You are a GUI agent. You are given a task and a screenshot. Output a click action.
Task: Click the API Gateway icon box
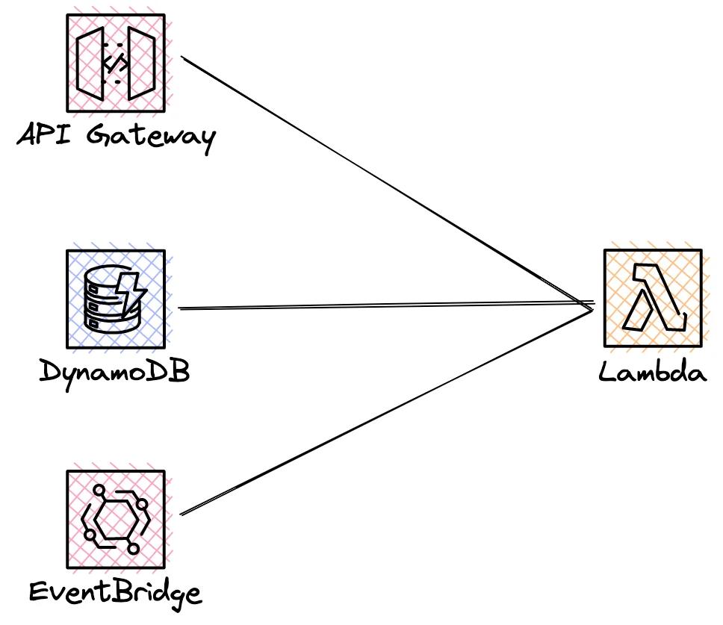115,63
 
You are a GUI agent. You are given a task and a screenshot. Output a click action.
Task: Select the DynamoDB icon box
115,299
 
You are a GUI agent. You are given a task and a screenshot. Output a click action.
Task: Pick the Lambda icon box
652,298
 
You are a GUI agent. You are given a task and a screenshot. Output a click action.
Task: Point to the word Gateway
151,138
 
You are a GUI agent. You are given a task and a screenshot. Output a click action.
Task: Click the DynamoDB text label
114,371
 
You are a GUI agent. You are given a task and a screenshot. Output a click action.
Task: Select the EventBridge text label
115,593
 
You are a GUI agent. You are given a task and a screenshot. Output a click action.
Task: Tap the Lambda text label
652,371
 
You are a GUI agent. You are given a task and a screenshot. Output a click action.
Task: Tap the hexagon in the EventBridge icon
114,517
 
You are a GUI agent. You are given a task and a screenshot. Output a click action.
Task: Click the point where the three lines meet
592,306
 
